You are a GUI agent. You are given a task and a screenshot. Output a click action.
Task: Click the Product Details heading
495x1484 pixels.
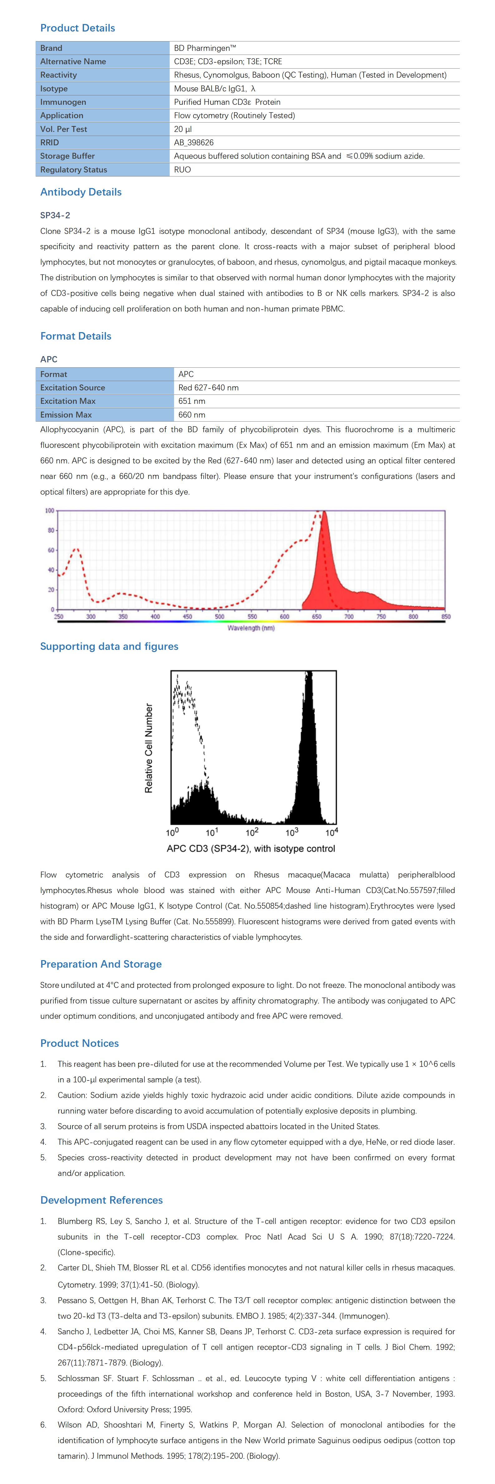pyautogui.click(x=77, y=28)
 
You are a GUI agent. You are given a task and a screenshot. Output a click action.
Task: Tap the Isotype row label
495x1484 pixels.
pyautogui.click(x=54, y=89)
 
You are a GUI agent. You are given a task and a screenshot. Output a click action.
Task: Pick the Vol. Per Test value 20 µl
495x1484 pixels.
pyautogui.click(x=183, y=129)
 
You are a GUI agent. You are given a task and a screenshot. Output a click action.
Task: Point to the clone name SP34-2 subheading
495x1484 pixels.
pyautogui.click(x=55, y=215)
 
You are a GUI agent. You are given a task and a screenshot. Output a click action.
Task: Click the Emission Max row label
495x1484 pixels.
pyautogui.click(x=66, y=415)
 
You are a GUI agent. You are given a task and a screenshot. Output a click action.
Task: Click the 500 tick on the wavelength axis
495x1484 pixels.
pyautogui.click(x=220, y=616)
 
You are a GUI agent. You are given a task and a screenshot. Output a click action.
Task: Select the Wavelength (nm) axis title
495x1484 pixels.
pyautogui.click(x=251, y=628)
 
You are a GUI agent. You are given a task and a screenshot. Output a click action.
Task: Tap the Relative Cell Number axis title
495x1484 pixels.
pyautogui.click(x=149, y=748)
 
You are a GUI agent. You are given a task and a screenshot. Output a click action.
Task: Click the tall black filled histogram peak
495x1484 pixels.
pyautogui.click(x=309, y=749)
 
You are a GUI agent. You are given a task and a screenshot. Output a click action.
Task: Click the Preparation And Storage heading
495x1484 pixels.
pyautogui.click(x=101, y=964)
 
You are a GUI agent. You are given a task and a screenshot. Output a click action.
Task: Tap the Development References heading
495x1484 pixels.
pyautogui.click(x=101, y=1200)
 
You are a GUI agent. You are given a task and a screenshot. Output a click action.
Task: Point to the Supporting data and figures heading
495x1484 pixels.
pyautogui.click(x=109, y=646)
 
